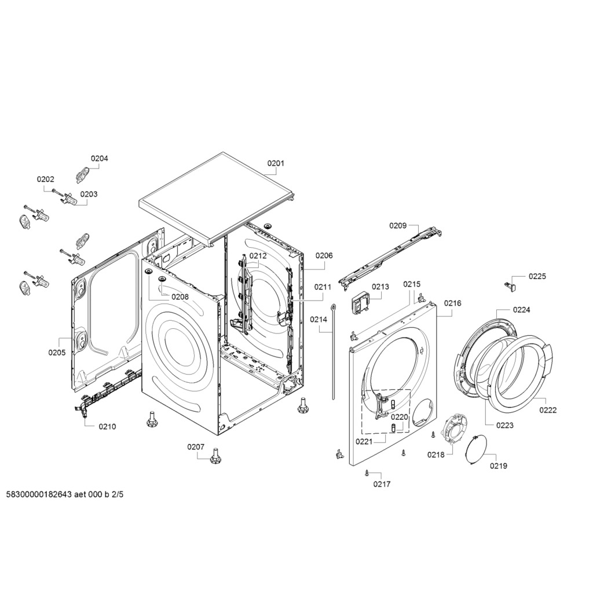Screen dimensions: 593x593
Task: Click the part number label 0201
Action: (276, 163)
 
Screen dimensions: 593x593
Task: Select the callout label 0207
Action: (196, 446)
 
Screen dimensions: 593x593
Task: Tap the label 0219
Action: (499, 466)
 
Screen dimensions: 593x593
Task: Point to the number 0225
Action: (537, 276)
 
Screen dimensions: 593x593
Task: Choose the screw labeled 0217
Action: (367, 473)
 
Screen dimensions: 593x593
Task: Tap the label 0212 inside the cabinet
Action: (258, 255)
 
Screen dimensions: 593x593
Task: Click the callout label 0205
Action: (57, 353)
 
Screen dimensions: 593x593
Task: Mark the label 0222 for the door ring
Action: (548, 410)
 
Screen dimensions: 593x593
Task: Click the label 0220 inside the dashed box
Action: (400, 417)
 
